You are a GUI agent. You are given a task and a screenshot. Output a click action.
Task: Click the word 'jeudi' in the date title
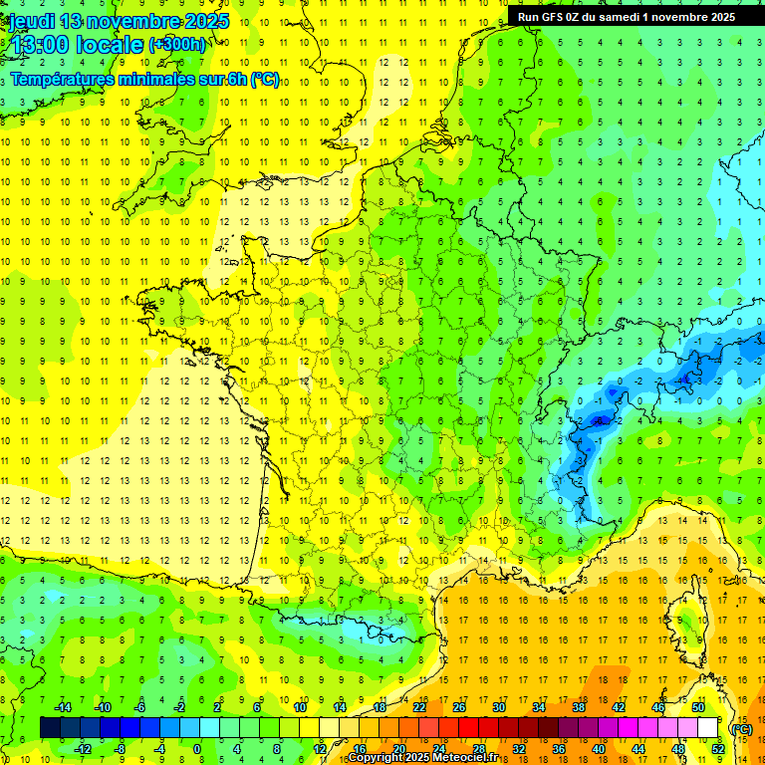31,21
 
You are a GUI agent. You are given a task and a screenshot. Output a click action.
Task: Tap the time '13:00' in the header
38,45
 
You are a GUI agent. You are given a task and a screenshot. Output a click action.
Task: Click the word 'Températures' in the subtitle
64,79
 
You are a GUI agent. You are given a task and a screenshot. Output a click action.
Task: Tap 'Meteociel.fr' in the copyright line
471,758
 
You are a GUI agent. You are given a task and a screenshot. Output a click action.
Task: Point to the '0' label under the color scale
197,749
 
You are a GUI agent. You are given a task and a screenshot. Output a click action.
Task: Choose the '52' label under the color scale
718,749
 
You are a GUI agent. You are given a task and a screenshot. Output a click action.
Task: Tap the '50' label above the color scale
698,707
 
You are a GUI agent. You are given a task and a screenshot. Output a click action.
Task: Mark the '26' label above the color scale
459,707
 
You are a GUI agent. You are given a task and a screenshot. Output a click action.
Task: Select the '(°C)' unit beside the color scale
741,728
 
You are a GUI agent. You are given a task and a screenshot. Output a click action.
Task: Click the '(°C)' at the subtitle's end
265,79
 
